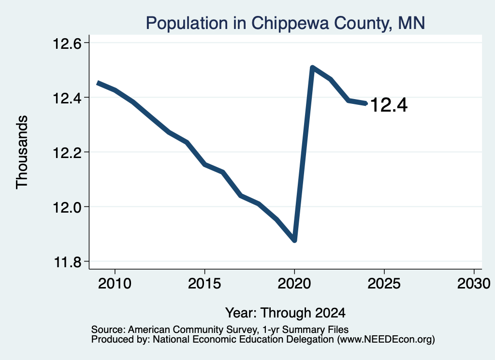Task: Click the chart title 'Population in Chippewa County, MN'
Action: point(285,23)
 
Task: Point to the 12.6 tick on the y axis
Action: point(67,43)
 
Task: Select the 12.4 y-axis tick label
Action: point(67,98)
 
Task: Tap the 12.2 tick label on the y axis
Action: point(67,152)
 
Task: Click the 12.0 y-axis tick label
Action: point(67,207)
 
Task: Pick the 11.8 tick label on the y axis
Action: point(67,262)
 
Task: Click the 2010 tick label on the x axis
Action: point(115,283)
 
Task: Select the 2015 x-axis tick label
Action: point(204,283)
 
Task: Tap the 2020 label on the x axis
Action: point(294,283)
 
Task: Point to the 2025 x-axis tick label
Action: point(384,283)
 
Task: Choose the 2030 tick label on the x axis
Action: point(474,283)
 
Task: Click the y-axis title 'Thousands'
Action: point(22,152)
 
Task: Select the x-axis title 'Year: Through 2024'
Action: point(285,313)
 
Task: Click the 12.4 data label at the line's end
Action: point(389,105)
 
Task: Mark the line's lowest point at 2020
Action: point(294,241)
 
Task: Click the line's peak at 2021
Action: point(312,68)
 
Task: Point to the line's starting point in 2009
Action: point(98,83)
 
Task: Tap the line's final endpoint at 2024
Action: point(365,103)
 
